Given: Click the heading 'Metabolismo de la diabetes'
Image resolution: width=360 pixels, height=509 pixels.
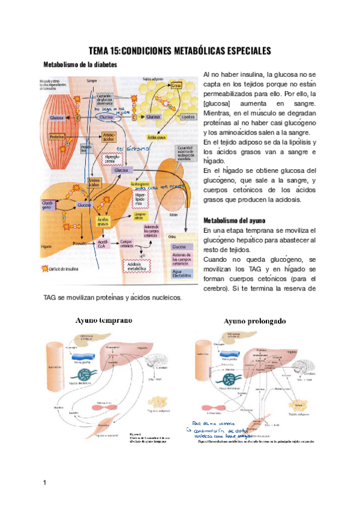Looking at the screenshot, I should pos(80,64).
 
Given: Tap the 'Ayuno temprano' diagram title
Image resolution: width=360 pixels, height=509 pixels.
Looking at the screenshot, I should pos(104,320).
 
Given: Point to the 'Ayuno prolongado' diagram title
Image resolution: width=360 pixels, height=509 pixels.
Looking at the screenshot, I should pos(255,321).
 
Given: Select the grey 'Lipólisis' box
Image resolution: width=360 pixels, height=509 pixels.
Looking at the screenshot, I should pos(185,118).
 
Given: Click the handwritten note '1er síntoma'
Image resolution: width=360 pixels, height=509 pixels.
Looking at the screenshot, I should pos(130,148).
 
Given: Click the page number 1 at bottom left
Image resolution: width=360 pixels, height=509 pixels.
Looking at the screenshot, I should pos(44,482).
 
